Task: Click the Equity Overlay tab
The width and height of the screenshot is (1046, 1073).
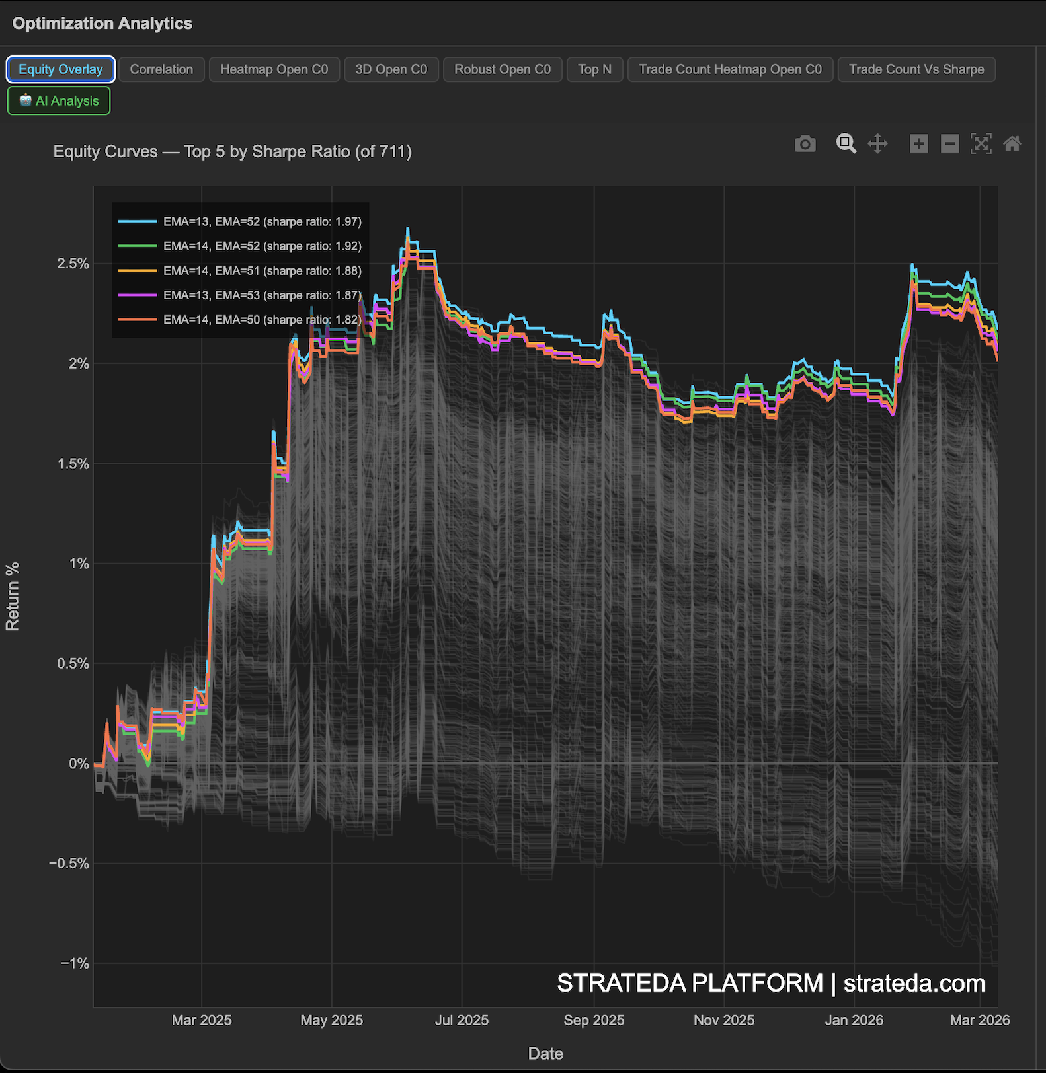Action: [x=61, y=69]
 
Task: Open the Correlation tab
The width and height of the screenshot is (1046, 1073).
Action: [x=161, y=69]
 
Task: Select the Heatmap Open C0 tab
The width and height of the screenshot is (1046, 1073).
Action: [x=274, y=69]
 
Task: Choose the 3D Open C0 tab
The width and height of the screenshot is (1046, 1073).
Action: [x=391, y=69]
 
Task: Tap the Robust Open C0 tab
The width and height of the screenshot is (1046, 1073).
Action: [x=503, y=69]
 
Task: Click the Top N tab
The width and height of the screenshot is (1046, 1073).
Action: [x=594, y=69]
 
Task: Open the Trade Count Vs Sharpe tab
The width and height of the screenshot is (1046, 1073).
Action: [x=916, y=69]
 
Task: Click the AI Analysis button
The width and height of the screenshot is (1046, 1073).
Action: [x=59, y=101]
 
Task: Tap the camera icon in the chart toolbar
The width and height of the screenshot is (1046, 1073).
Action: [x=805, y=143]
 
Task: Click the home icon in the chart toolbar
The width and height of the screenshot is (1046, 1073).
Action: [x=1012, y=143]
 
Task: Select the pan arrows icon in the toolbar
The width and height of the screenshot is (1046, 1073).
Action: [x=877, y=143]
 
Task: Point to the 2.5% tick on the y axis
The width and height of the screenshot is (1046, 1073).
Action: [x=73, y=264]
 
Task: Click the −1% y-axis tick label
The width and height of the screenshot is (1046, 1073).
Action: [x=75, y=963]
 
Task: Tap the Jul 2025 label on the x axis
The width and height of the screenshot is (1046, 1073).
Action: [x=462, y=1020]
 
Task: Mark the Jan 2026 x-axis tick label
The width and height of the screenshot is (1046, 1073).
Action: [x=854, y=1020]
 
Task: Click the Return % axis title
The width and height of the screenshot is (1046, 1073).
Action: [x=13, y=597]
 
